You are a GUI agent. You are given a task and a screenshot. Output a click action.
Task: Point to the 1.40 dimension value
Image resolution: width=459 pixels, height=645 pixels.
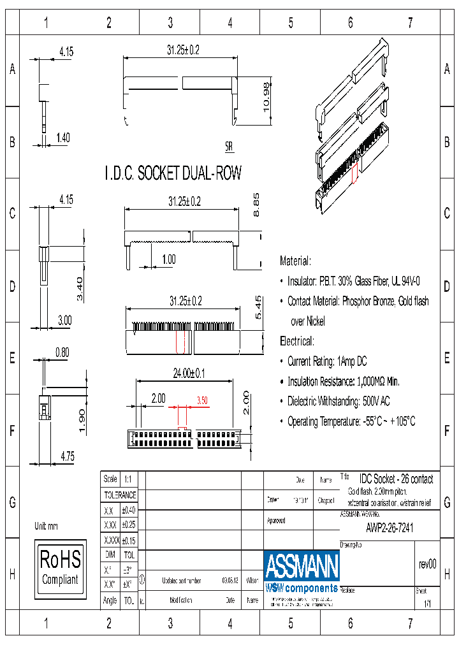click(63, 137)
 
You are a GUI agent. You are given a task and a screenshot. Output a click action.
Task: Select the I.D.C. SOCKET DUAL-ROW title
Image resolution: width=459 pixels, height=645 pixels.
click(173, 173)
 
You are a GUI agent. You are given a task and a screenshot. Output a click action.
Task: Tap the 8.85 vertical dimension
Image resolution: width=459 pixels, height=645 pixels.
click(257, 205)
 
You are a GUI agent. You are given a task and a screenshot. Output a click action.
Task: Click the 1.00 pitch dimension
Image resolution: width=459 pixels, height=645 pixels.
click(168, 259)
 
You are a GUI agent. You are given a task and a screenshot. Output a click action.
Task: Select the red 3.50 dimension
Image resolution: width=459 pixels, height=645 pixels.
click(202, 400)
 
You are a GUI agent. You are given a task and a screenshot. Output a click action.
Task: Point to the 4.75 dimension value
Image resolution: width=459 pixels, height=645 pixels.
click(68, 456)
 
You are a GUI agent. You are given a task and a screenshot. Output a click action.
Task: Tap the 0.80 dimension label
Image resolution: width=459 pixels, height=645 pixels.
click(62, 351)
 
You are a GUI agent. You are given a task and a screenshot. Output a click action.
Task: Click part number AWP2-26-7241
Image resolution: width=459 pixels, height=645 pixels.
click(389, 528)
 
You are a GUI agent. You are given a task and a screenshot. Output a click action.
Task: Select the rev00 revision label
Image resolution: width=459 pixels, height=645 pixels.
click(426, 564)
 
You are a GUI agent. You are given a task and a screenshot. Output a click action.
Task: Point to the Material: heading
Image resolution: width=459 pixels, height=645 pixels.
click(295, 261)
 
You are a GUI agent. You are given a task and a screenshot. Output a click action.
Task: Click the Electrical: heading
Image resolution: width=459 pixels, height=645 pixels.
click(296, 341)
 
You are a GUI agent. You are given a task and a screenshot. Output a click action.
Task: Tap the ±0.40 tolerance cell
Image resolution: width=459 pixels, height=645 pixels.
click(129, 511)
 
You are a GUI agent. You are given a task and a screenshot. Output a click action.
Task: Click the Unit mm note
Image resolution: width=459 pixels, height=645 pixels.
click(46, 526)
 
